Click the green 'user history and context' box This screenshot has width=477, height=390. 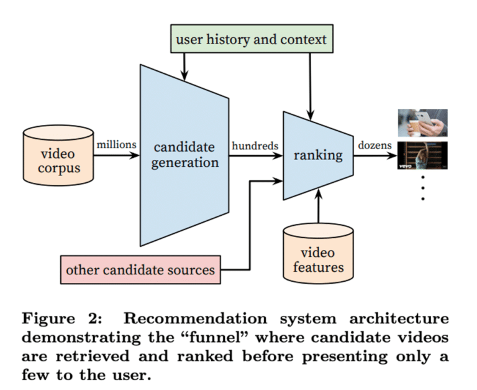pos(251,40)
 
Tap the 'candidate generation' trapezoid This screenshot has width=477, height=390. pos(185,155)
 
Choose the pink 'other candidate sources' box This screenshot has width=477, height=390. pos(140,270)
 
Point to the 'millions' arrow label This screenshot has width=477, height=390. pos(116,145)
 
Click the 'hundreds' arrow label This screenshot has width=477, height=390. pos(255,145)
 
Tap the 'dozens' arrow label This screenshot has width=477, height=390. pos(375,145)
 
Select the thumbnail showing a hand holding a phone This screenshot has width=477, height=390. pos(423,123)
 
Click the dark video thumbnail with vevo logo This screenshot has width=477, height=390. pos(423,156)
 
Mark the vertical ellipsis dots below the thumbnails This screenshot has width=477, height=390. pos(423,187)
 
